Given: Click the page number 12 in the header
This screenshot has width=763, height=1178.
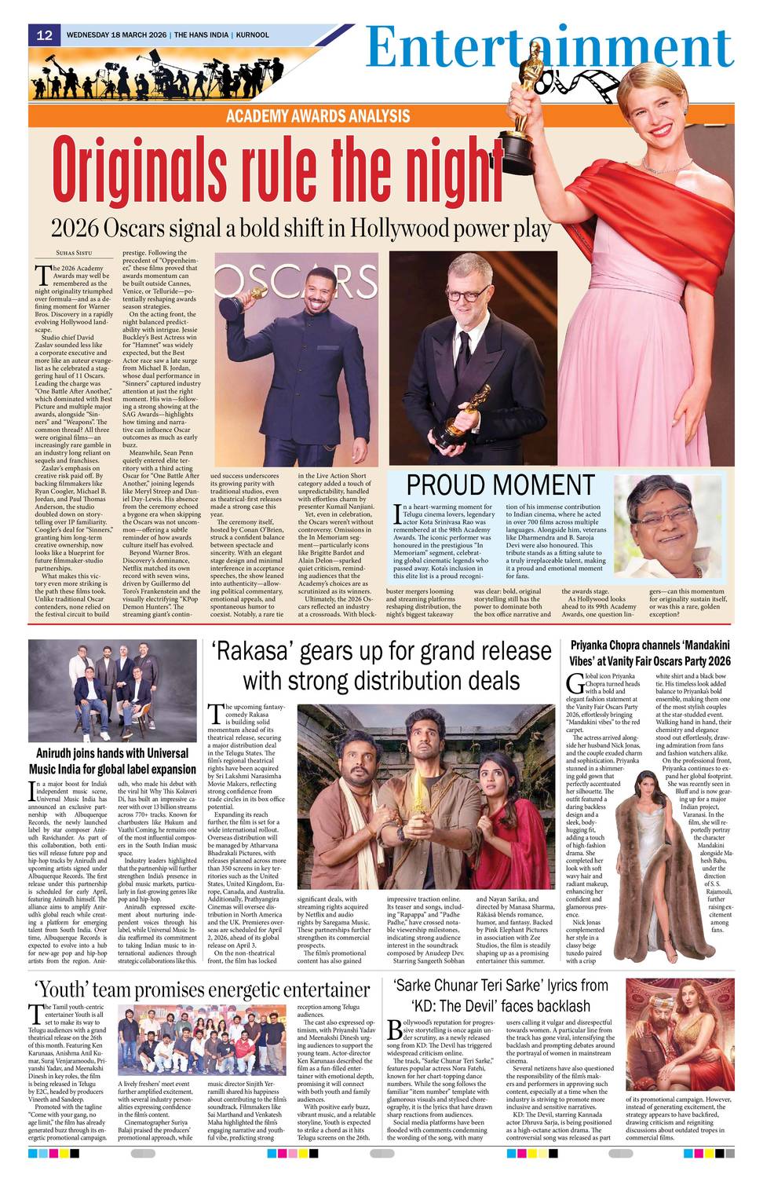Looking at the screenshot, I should [44, 35].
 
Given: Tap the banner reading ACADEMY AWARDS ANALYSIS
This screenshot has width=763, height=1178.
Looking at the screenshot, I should [318, 116].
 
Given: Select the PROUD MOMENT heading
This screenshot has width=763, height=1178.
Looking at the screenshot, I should [500, 485].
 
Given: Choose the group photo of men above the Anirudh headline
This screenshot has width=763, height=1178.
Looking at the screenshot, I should [112, 690].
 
